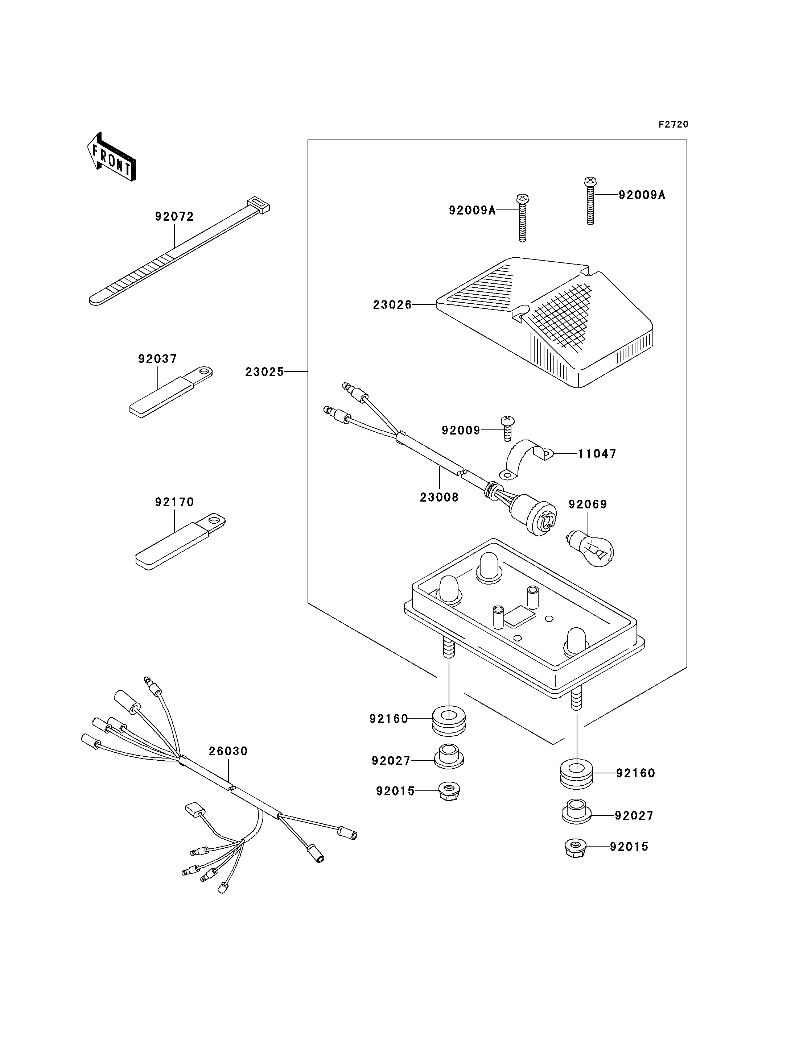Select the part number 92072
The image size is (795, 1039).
(174, 217)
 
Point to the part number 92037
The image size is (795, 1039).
(157, 359)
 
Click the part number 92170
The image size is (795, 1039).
(174, 502)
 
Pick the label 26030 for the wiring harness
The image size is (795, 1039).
(228, 751)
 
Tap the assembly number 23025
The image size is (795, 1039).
(264, 372)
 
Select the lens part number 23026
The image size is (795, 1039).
(392, 305)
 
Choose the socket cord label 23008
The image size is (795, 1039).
(439, 497)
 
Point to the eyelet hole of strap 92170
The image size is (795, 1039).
(217, 521)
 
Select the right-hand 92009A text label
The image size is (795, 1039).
(642, 195)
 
